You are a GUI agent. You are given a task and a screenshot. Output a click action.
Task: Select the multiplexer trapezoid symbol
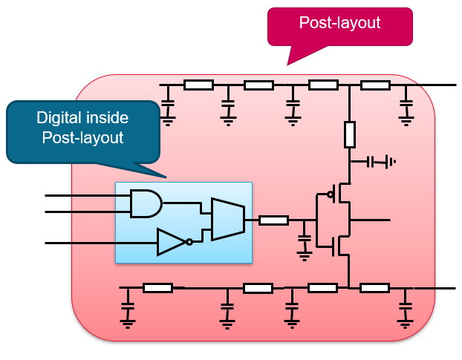pyautogui.click(x=226, y=219)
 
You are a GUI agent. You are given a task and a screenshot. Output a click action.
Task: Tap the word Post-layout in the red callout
pyautogui.click(x=339, y=23)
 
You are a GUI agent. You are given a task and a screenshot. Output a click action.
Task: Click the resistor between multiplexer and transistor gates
pyautogui.click(x=275, y=220)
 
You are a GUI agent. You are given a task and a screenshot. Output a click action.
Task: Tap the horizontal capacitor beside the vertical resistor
pyautogui.click(x=377, y=161)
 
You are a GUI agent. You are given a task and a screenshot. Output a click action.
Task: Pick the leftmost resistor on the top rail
pyautogui.click(x=199, y=85)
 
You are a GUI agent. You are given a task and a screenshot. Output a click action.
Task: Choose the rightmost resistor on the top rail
pyautogui.click(x=375, y=85)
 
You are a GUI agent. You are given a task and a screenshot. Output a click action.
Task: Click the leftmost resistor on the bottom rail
pyautogui.click(x=157, y=287)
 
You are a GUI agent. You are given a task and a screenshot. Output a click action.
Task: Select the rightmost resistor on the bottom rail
pyautogui.click(x=374, y=287)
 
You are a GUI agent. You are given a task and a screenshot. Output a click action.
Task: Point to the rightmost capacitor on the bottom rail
pyautogui.click(x=405, y=307)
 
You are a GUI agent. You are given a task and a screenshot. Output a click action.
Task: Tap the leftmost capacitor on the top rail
pyautogui.click(x=168, y=105)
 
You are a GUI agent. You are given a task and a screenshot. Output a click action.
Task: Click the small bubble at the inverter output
pyautogui.click(x=189, y=242)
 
